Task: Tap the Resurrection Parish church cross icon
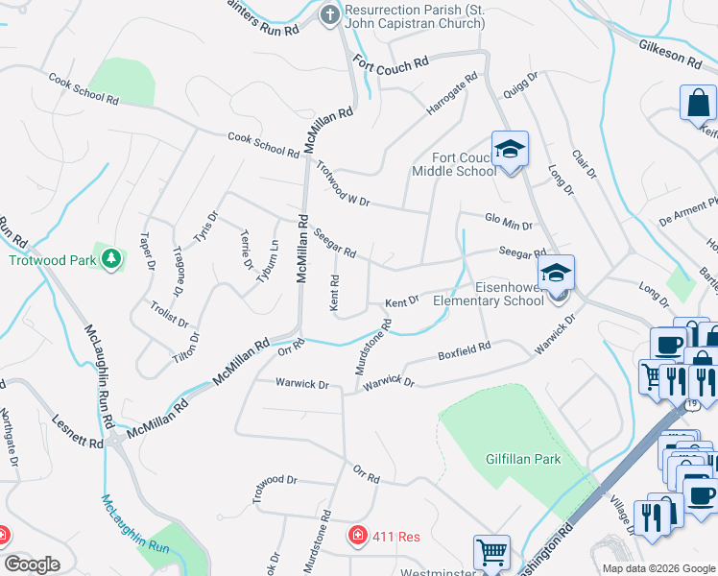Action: click(x=330, y=14)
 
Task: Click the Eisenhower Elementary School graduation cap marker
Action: click(x=556, y=273)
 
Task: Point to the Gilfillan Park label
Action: click(x=523, y=459)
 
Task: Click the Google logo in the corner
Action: click(x=33, y=564)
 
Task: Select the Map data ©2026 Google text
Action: click(x=658, y=567)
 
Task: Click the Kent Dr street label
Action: click(x=402, y=302)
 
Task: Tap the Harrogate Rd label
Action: click(x=451, y=96)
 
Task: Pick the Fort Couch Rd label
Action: click(x=390, y=63)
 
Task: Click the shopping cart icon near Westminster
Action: click(x=491, y=553)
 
